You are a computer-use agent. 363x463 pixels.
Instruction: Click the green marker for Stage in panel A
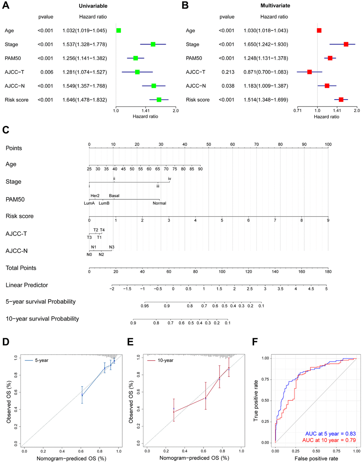[x=153, y=44]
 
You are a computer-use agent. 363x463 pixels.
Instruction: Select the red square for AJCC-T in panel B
[x=310, y=72]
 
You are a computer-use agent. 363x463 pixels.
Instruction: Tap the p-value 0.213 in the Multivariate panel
[x=228, y=72]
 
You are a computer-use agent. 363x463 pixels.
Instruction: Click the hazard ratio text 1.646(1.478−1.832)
[x=85, y=100]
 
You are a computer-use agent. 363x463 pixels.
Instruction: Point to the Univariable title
[x=93, y=6]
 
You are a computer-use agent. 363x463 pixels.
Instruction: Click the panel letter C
[x=6, y=130]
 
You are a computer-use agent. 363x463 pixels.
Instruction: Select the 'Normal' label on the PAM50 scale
[x=159, y=203]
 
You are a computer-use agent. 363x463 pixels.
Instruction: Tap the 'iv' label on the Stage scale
[x=170, y=179]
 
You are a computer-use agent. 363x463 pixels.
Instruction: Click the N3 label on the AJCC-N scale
[x=112, y=247]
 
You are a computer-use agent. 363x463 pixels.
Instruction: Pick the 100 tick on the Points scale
[x=328, y=144]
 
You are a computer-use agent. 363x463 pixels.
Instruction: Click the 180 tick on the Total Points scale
[x=328, y=272]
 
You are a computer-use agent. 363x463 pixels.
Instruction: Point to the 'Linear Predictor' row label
[x=27, y=285]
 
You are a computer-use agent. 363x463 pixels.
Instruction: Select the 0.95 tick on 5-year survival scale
[x=144, y=306]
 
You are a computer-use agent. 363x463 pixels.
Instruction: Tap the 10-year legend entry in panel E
[x=165, y=361]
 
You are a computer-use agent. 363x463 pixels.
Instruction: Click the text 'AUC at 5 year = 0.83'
[x=331, y=434]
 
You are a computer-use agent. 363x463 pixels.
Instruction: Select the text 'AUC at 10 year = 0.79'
[x=329, y=440]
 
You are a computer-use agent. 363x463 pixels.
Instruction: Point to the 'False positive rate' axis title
[x=316, y=459]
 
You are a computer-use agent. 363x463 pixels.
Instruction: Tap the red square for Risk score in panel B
[x=341, y=100]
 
